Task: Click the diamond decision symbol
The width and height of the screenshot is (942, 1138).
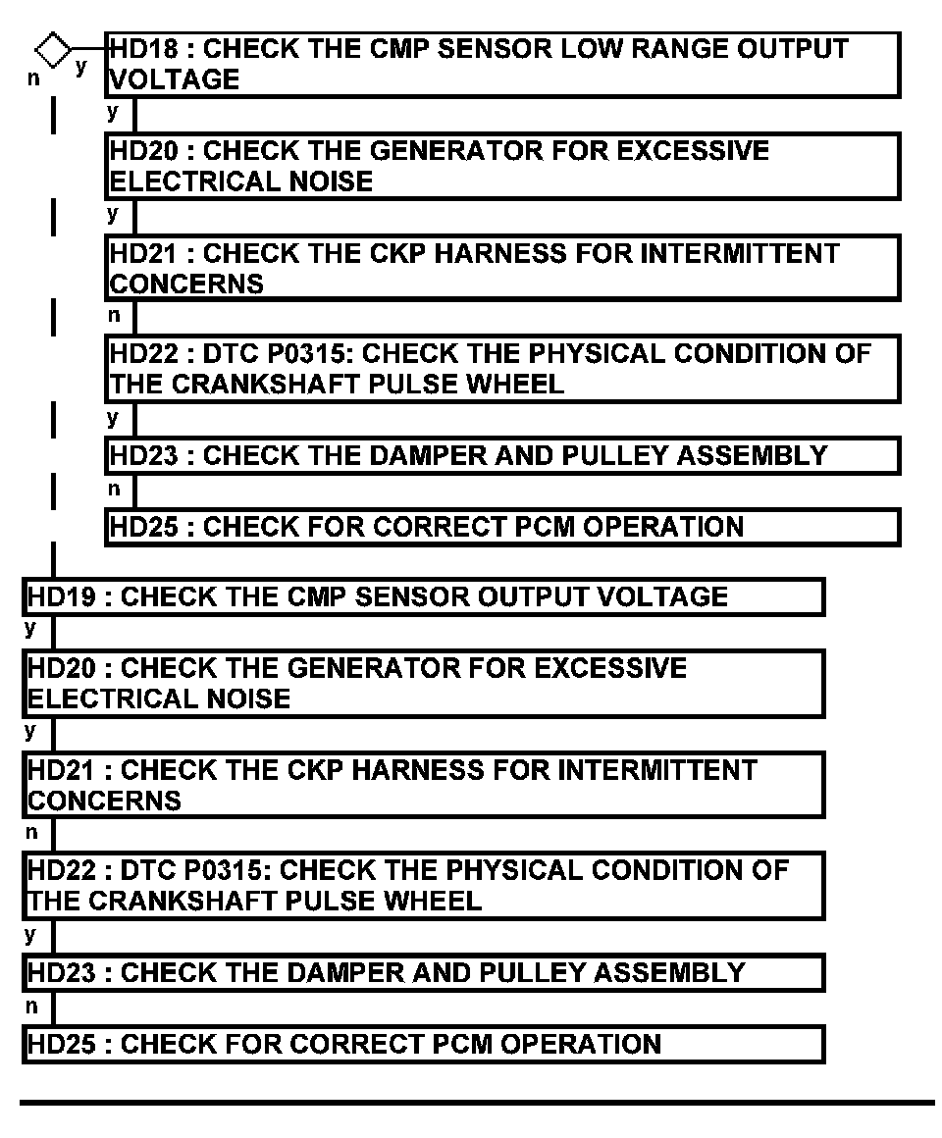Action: coord(53,48)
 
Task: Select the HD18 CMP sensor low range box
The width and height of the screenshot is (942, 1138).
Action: coord(502,65)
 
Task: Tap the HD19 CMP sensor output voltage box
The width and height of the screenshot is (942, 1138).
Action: coord(423,597)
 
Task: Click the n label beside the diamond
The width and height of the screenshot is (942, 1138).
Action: coord(33,78)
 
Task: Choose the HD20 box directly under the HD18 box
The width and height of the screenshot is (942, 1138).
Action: coord(502,167)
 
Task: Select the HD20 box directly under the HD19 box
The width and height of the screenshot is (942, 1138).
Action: coord(423,684)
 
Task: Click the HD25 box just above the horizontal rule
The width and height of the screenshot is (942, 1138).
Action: coord(423,1044)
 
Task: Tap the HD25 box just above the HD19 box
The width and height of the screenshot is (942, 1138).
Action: coord(502,527)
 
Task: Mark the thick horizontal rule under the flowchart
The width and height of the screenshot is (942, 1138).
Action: coord(478,1104)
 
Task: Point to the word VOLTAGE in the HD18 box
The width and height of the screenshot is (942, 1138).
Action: coord(174,79)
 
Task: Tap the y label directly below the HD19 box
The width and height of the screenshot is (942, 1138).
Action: coord(31,628)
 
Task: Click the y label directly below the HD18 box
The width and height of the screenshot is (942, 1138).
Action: coord(113,111)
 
